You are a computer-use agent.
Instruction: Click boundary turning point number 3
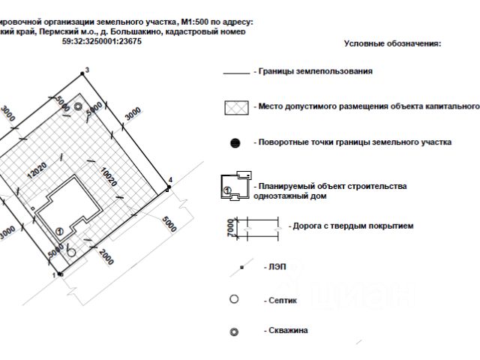click(82, 74)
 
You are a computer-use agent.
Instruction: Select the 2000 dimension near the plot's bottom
click(105, 256)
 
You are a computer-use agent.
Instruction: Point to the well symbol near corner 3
click(79, 107)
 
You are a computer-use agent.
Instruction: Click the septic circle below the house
click(71, 253)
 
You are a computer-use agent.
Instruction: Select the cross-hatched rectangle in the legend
click(236, 106)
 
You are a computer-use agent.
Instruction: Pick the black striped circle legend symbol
click(235, 142)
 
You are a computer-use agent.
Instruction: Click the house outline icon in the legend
click(234, 187)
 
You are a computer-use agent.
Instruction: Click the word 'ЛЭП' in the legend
click(274, 266)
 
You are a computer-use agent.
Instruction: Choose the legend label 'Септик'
click(281, 300)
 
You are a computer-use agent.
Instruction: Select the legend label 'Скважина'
click(286, 330)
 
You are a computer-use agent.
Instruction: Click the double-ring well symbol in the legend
click(234, 331)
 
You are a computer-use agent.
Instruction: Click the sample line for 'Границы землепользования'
click(236, 73)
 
